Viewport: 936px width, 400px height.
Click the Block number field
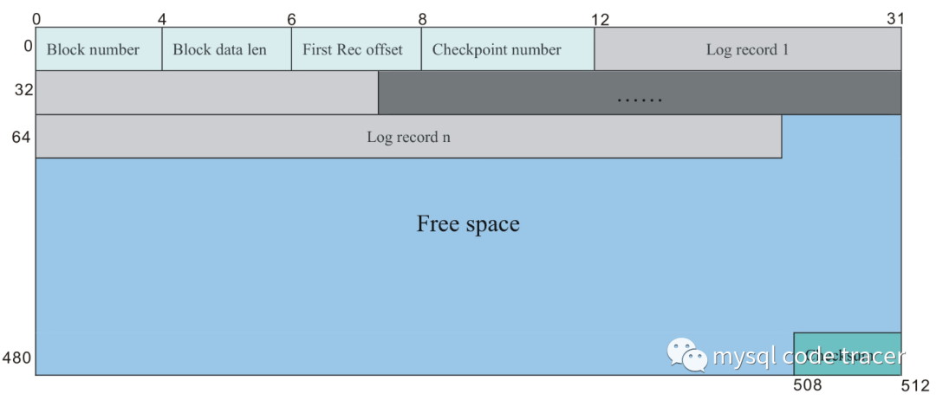click(93, 49)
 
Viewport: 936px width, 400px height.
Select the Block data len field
click(219, 49)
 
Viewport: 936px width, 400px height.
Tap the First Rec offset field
click(352, 49)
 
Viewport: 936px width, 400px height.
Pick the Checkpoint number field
click(497, 49)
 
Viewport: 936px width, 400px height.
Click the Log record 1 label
click(747, 49)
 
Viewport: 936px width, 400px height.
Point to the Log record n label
click(408, 137)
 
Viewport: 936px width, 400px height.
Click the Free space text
click(468, 224)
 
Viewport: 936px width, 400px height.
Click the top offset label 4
click(162, 18)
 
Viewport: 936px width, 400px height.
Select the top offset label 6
click(291, 18)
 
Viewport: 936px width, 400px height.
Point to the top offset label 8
click(421, 18)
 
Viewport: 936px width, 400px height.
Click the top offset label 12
click(600, 18)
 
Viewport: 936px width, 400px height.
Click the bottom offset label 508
click(809, 385)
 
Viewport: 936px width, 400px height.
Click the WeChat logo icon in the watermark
click(686, 355)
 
